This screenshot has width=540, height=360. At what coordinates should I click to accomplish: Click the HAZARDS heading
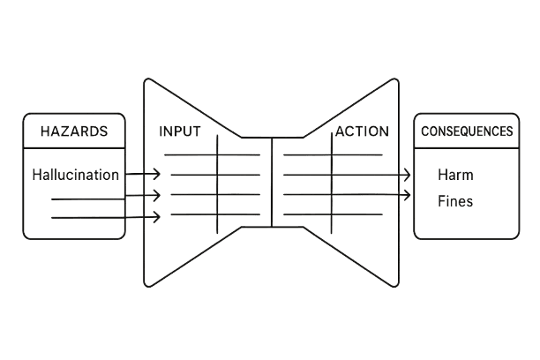(x=74, y=131)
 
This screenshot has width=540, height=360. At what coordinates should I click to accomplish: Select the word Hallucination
(x=74, y=175)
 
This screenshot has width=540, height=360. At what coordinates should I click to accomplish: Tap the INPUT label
(x=180, y=131)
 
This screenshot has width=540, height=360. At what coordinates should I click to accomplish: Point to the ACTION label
(x=360, y=131)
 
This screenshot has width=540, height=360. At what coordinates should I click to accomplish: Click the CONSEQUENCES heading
(x=467, y=131)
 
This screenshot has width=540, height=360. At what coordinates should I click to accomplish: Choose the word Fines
(x=455, y=201)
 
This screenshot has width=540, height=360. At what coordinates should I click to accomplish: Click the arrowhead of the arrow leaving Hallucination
(x=157, y=175)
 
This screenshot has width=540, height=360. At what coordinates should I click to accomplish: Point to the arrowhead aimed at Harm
(x=408, y=175)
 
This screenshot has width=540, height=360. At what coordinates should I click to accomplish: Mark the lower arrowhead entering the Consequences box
(x=408, y=194)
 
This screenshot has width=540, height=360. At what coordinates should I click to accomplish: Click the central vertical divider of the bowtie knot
(x=272, y=181)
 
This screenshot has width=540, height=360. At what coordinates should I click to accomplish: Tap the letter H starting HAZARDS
(x=45, y=131)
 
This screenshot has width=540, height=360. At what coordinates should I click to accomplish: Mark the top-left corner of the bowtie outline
(x=144, y=79)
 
